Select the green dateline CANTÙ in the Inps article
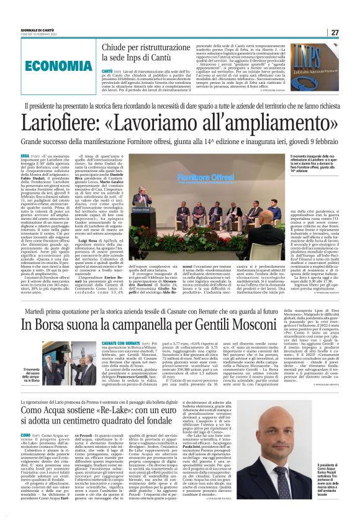(x=106, y=71)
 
